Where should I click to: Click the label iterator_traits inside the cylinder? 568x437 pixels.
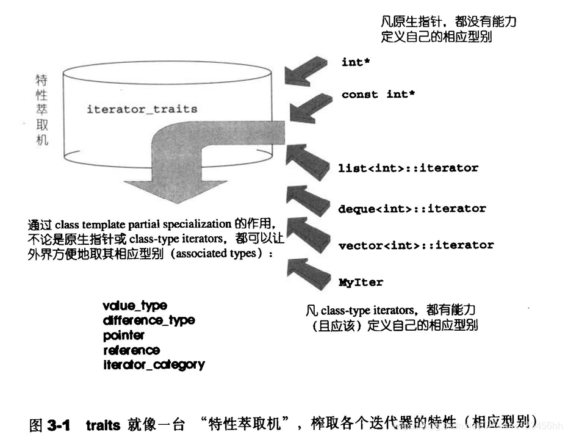pyautogui.click(x=142, y=109)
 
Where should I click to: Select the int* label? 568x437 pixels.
pyautogui.click(x=356, y=62)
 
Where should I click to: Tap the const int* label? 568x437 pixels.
pyautogui.click(x=378, y=94)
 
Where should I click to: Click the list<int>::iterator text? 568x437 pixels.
pyautogui.click(x=408, y=167)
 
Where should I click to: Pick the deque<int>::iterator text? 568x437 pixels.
pyautogui.click(x=412, y=209)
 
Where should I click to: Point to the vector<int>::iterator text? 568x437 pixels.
pyautogui.click(x=415, y=245)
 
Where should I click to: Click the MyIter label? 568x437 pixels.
pyautogui.click(x=361, y=282)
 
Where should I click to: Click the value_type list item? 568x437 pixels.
pyautogui.click(x=135, y=306)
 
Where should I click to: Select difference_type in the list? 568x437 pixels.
pyautogui.click(x=149, y=320)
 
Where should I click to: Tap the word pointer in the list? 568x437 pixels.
pyautogui.click(x=124, y=335)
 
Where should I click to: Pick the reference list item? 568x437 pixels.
pyautogui.click(x=131, y=350)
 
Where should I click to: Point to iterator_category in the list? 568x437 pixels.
pyautogui.click(x=154, y=365)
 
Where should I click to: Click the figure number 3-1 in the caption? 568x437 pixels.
pyautogui.click(x=58, y=424)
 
